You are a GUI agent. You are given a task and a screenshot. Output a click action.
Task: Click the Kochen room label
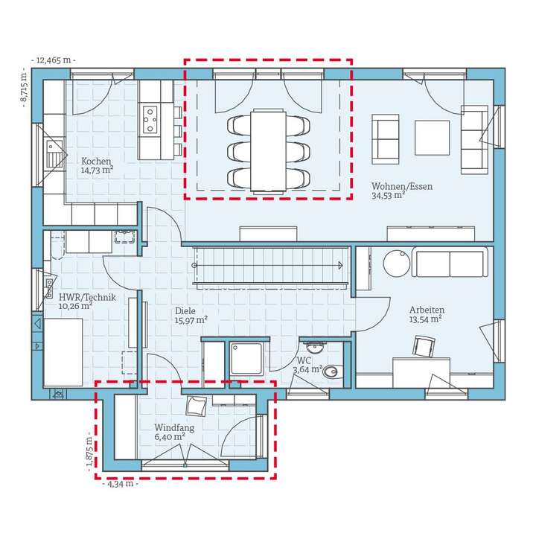96,161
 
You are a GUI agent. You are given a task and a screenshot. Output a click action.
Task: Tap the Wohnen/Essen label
402,186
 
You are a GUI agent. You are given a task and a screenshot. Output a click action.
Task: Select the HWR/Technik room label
87,297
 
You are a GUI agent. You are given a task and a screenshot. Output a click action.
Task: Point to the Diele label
185,310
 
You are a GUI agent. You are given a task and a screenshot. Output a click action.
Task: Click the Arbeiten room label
427,310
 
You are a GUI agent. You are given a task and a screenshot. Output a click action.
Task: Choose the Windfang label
174,427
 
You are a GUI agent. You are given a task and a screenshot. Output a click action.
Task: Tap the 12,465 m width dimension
54,60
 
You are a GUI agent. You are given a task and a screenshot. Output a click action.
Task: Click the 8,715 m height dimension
24,88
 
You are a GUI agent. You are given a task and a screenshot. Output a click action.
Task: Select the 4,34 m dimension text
121,484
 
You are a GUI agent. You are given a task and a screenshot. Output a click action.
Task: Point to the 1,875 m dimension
89,451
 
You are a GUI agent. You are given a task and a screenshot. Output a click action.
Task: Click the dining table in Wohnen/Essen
268,150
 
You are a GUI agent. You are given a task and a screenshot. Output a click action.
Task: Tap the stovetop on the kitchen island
150,119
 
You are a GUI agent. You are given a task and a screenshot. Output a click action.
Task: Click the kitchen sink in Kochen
54,154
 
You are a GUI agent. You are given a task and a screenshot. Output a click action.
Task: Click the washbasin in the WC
314,348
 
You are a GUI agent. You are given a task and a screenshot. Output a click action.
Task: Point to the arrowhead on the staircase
340,265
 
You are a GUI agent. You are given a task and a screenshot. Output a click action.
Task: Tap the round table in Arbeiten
397,264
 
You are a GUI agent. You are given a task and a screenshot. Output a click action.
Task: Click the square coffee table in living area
432,138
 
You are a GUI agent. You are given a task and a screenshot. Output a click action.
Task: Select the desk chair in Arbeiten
424,346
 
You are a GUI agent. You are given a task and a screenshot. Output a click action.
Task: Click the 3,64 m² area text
307,369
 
